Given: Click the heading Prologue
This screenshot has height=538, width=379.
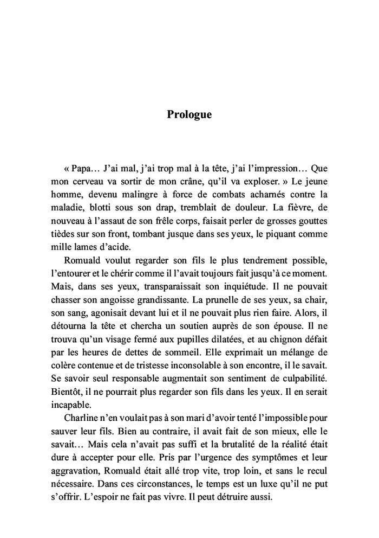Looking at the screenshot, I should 189,114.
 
